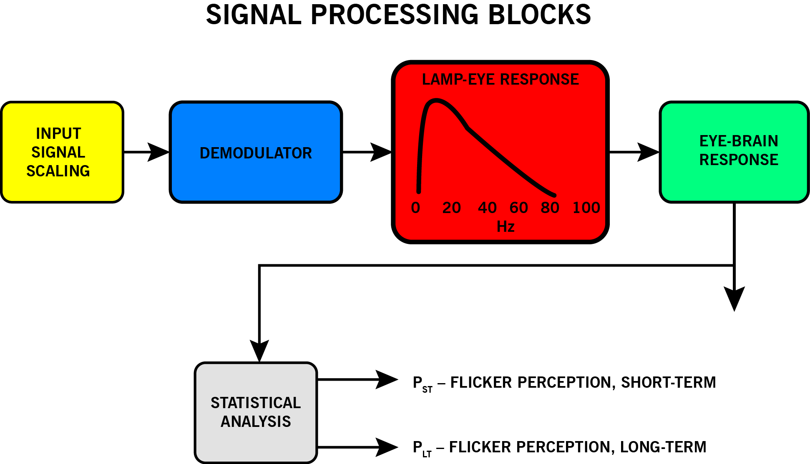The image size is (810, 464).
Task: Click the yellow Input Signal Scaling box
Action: click(x=62, y=152)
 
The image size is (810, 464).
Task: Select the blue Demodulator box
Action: click(x=256, y=152)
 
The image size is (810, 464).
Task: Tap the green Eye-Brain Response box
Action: click(x=734, y=152)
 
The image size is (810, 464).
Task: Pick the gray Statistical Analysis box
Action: click(x=256, y=412)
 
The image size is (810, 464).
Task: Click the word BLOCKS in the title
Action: click(x=539, y=15)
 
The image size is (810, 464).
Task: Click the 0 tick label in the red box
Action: click(x=415, y=208)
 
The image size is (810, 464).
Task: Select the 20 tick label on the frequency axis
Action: click(x=451, y=208)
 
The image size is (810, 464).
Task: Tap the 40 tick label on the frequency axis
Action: click(x=487, y=208)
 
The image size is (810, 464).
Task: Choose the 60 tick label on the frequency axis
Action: click(x=519, y=208)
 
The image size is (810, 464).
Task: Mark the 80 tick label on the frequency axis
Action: click(x=550, y=208)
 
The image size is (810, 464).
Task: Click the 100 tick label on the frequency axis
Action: click(x=586, y=208)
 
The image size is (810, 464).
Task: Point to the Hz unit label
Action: click(x=506, y=227)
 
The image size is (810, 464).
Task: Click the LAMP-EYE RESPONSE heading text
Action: click(x=500, y=79)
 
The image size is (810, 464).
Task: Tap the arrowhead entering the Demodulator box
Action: click(x=159, y=152)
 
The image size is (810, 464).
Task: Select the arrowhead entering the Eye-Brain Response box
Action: click(x=649, y=152)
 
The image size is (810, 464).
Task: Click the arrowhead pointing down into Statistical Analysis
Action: click(x=259, y=350)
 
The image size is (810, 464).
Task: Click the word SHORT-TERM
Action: click(x=668, y=382)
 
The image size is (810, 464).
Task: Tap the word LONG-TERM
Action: click(x=663, y=447)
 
